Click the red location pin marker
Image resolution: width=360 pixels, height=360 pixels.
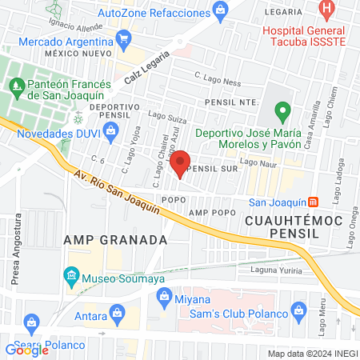(181, 162)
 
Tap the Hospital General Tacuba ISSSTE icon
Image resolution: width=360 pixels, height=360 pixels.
(326, 11)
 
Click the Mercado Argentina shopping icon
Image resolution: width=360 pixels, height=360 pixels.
(123, 38)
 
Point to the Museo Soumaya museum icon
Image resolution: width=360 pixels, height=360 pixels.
(72, 278)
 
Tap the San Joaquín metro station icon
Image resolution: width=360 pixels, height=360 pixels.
(314, 202)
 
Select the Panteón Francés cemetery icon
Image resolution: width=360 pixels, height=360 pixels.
(16, 83)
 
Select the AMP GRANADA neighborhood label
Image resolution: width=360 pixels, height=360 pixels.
(114, 239)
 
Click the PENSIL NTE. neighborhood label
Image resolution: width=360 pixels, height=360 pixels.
(227, 102)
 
